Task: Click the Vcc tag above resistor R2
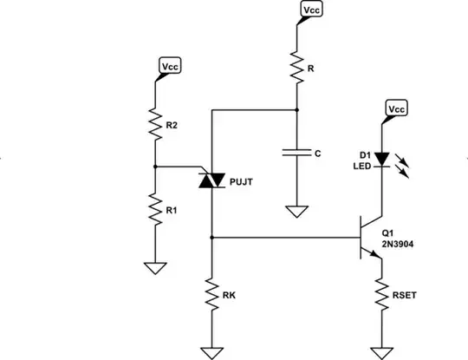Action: (168, 66)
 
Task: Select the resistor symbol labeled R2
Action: (154, 125)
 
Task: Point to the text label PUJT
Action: (243, 182)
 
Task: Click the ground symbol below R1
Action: (154, 267)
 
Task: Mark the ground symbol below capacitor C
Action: (296, 211)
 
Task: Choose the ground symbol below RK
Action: (212, 351)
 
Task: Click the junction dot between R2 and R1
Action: (154, 166)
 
